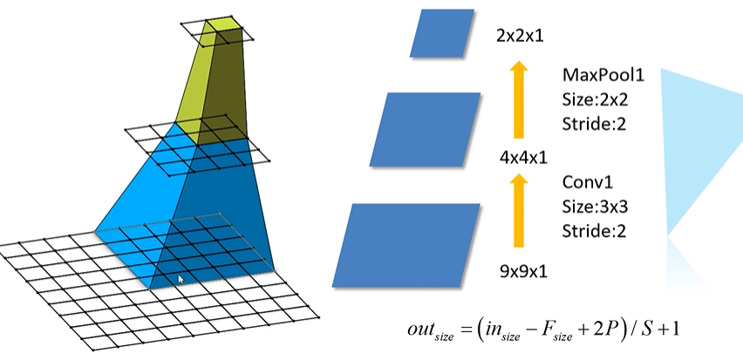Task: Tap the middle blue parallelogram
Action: pos(426,129)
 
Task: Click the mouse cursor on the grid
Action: pos(181,280)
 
